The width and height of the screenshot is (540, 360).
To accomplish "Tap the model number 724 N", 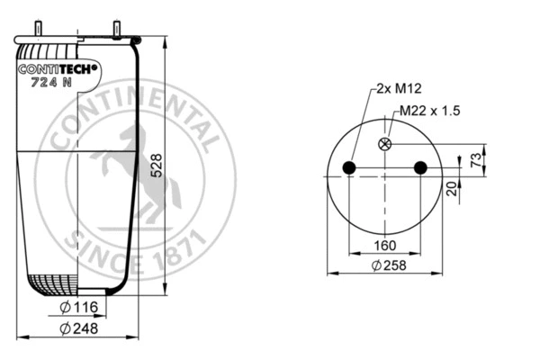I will pos(52,84).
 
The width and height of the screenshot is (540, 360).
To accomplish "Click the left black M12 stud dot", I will pos(351,168).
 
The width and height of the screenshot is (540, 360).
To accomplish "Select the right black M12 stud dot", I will pos(419,168).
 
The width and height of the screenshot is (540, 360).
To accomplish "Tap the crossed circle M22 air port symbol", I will pos(386,144).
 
